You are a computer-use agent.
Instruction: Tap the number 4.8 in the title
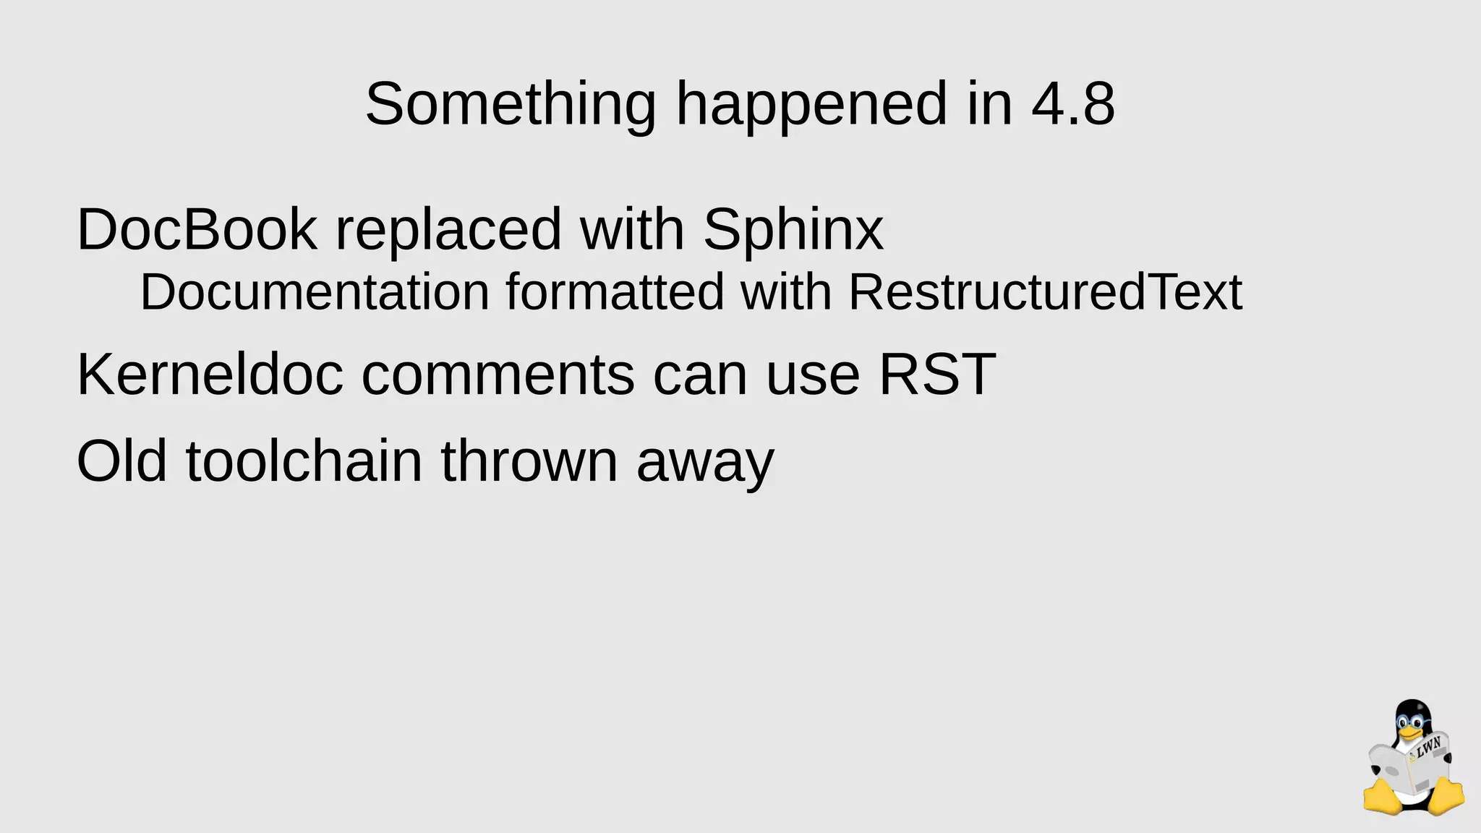click(1073, 105)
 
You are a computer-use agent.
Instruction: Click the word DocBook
click(197, 230)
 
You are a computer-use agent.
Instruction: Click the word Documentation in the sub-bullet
click(315, 292)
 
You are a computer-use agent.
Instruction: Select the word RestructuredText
click(1045, 292)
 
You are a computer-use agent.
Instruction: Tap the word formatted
click(615, 292)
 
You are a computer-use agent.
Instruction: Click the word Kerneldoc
click(210, 375)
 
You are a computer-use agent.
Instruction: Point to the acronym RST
click(937, 375)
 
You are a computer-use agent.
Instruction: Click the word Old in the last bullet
click(121, 461)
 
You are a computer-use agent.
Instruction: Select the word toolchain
click(304, 461)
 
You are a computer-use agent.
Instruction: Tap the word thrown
click(529, 461)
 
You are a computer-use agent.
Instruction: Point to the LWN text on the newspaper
click(1428, 747)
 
